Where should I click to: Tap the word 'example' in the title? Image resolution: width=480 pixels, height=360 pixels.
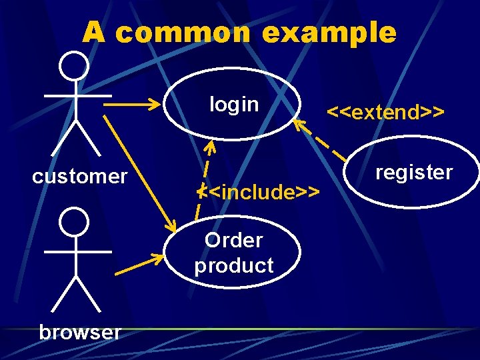tap(330, 32)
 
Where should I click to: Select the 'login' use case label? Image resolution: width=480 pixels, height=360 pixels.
tap(233, 105)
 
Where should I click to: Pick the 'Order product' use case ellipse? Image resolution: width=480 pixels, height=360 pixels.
tap(233, 252)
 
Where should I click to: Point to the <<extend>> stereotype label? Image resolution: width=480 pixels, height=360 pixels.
tap(385, 112)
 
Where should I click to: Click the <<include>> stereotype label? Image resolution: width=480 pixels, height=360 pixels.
tap(260, 193)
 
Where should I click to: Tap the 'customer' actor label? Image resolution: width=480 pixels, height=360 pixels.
tap(79, 177)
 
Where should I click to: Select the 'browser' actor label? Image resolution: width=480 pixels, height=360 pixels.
tap(80, 331)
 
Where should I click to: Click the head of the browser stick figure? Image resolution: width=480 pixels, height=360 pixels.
tap(73, 221)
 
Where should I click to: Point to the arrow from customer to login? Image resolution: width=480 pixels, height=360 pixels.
tap(133, 105)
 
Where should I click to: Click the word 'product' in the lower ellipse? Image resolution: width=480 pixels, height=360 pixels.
tap(234, 265)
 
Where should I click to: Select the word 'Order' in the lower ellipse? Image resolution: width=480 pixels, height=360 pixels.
tap(233, 240)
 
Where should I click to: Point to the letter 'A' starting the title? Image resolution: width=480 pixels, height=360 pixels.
tap(94, 32)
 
